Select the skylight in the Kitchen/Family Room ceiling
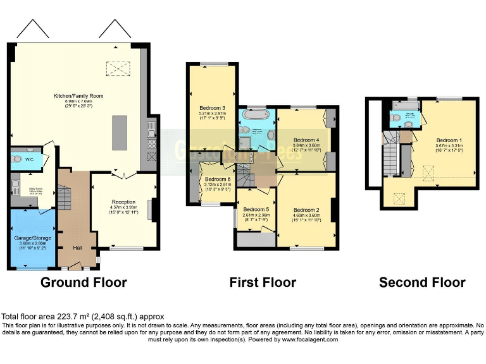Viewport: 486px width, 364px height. (117, 68)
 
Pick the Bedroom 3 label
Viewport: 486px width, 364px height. (212, 107)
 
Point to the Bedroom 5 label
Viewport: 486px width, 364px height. (256, 209)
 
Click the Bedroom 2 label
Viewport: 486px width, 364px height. (306, 210)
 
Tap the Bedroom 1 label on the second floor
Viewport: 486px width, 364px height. (449, 140)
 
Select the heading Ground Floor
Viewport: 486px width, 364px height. (84, 282)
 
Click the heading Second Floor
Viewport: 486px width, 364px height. (422, 282)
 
